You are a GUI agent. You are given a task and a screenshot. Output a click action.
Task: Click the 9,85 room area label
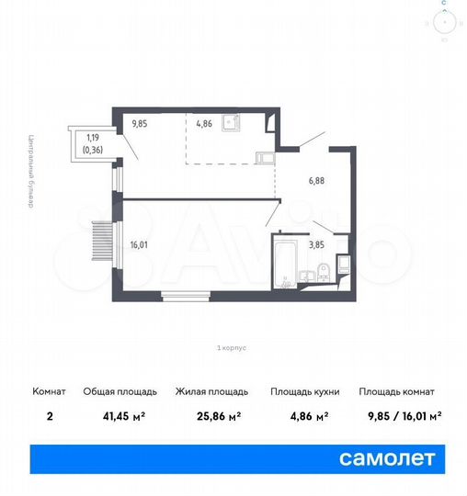[x=139, y=121]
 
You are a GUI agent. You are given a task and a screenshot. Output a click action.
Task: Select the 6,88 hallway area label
[x=315, y=181]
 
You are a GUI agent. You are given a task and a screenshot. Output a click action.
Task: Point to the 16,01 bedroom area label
[x=140, y=244]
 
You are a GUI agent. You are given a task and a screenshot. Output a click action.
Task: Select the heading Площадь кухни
[x=304, y=391]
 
